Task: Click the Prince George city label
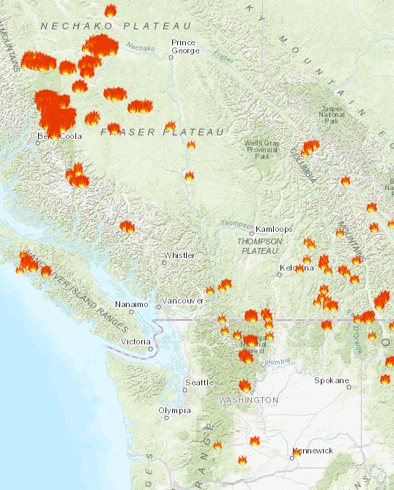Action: tap(183, 47)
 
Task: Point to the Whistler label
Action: tap(179, 255)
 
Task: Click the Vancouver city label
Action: tap(182, 301)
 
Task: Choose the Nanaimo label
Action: tap(132, 304)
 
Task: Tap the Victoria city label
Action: tap(135, 342)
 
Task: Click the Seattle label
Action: tap(199, 382)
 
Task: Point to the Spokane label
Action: tap(327, 380)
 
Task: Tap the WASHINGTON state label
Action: tap(248, 400)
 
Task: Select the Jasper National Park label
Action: tap(332, 115)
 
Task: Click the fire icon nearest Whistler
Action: tap(127, 227)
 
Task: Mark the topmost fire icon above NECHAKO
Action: tap(110, 11)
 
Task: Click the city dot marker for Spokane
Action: tap(349, 387)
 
